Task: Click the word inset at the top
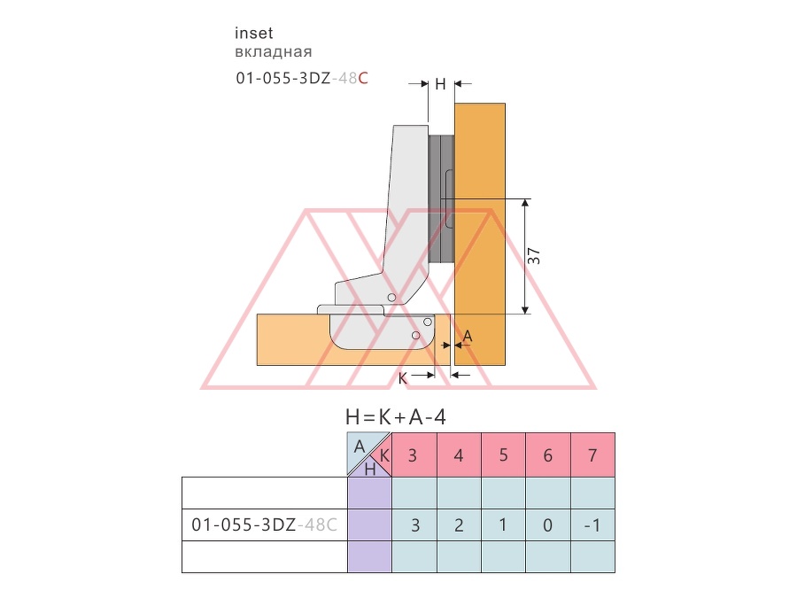click(x=253, y=33)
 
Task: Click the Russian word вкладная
click(x=274, y=52)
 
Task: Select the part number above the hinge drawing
click(x=302, y=78)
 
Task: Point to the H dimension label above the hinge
click(x=440, y=84)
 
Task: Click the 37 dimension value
click(x=534, y=256)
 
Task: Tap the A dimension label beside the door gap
click(x=468, y=336)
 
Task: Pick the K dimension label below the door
click(x=403, y=378)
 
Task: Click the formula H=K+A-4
click(x=396, y=417)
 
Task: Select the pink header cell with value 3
click(x=414, y=455)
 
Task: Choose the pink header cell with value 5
click(x=503, y=455)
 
